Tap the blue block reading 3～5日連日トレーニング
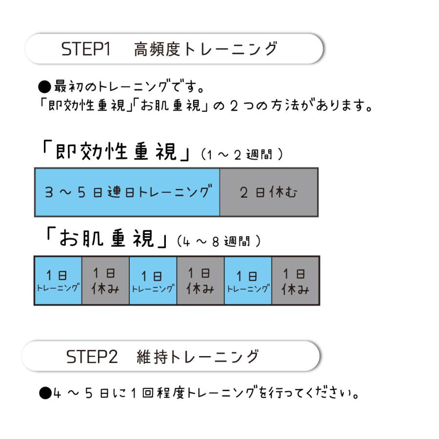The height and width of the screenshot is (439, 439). tap(127, 192)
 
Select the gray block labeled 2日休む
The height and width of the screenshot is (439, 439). tap(269, 192)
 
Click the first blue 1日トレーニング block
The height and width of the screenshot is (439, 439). tap(58, 280)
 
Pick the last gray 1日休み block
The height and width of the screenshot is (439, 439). tap(296, 280)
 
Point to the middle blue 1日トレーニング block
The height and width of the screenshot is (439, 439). tap(153, 280)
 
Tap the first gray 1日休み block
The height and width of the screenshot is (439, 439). tap(105, 280)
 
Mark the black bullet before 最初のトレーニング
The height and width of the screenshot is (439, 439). tap(45, 88)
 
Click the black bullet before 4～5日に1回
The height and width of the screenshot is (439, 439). tap(45, 393)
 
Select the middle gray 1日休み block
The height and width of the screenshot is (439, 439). tap(200, 280)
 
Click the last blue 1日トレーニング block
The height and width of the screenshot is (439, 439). tap(248, 280)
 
